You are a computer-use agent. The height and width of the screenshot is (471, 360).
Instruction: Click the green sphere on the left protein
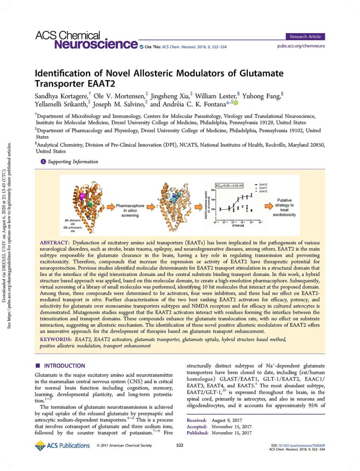(90, 203)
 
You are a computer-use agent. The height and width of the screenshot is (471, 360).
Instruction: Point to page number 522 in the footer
(180, 446)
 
